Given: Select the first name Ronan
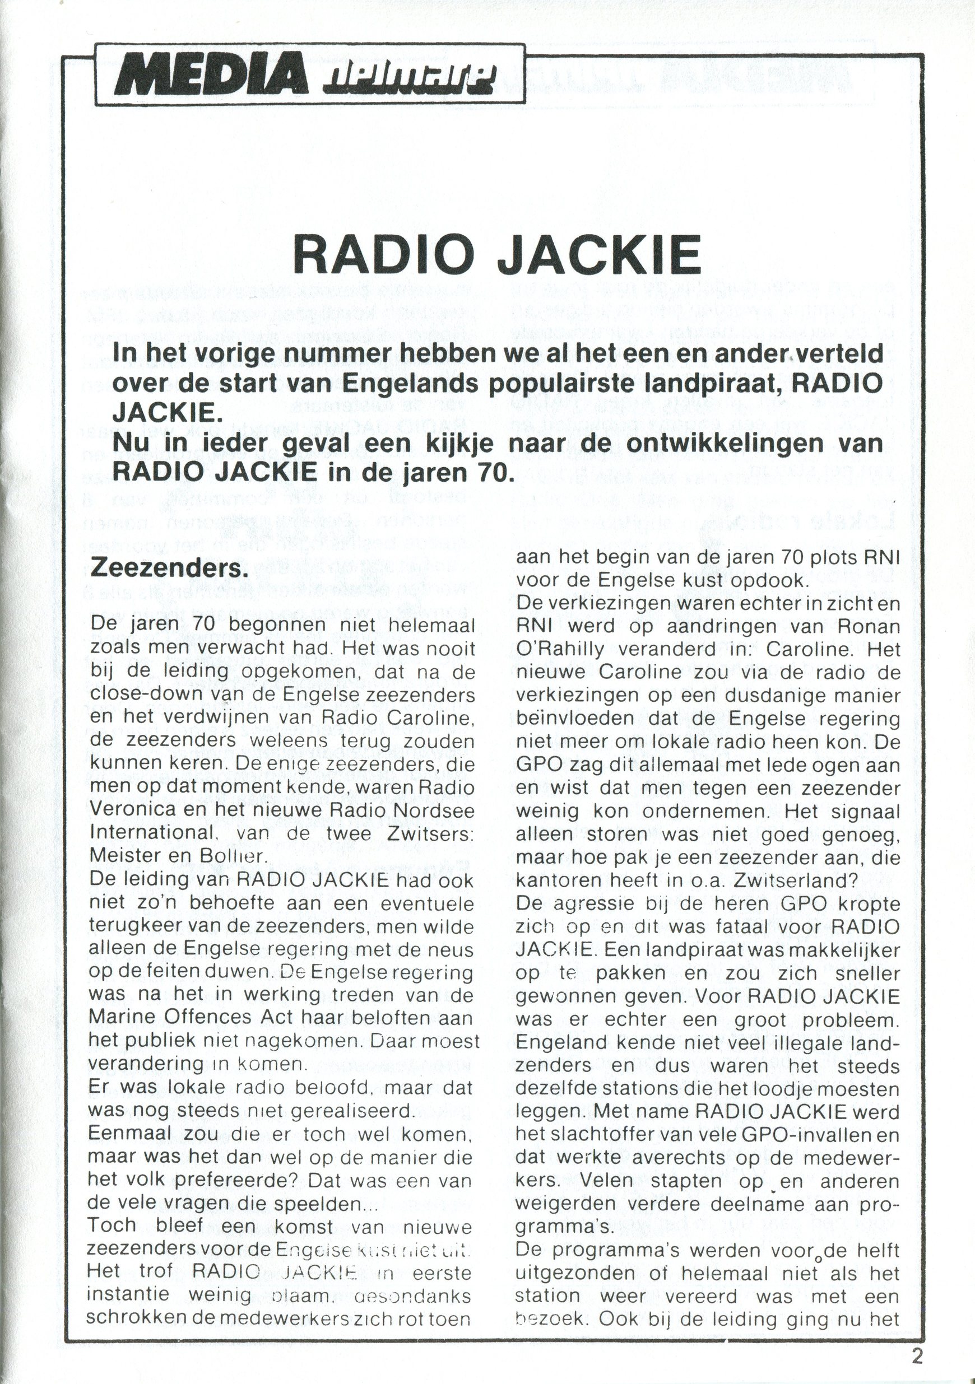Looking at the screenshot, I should pyautogui.click(x=865, y=626).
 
